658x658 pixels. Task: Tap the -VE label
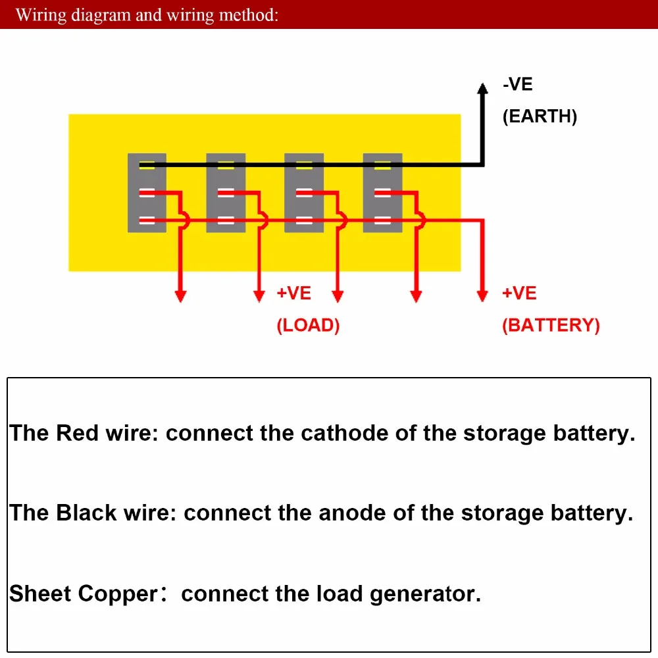click(518, 85)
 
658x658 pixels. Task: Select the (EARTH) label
click(540, 117)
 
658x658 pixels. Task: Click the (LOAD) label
click(308, 325)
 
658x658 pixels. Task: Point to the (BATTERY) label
click(551, 325)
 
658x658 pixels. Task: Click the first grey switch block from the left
click(147, 193)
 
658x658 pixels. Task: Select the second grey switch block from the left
click(226, 193)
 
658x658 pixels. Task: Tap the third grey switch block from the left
click(304, 193)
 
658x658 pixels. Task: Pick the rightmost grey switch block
click(382, 193)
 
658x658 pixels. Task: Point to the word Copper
click(118, 594)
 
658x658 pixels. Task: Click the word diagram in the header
click(99, 14)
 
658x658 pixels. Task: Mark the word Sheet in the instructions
click(40, 594)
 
